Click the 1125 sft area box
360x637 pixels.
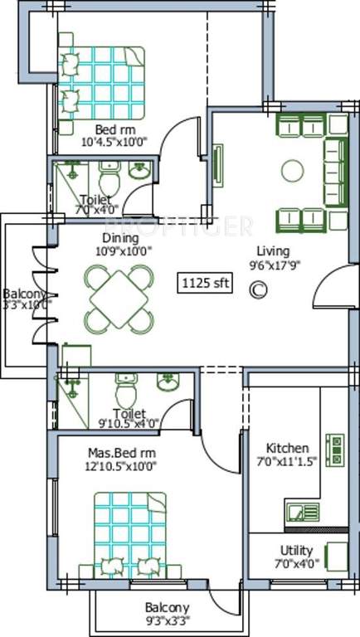[x=205, y=283]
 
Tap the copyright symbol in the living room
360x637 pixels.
[x=259, y=289]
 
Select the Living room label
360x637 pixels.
[x=271, y=251]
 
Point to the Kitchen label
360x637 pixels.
[x=288, y=448]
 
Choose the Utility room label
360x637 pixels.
[x=296, y=551]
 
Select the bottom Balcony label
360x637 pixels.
[x=166, y=607]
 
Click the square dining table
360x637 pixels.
[x=119, y=296]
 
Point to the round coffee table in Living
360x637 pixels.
[x=293, y=171]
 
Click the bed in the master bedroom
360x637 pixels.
[x=129, y=532]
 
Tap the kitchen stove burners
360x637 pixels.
[x=337, y=449]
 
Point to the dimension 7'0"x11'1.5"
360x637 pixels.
[x=287, y=462]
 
